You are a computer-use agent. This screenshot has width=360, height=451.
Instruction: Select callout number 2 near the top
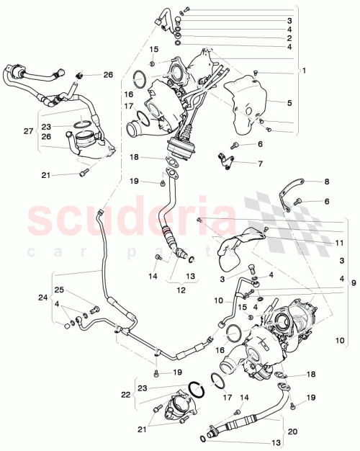tap(289, 37)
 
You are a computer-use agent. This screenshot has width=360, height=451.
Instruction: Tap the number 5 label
tap(289, 103)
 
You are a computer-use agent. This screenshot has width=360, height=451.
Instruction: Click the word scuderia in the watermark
tap(130, 217)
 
